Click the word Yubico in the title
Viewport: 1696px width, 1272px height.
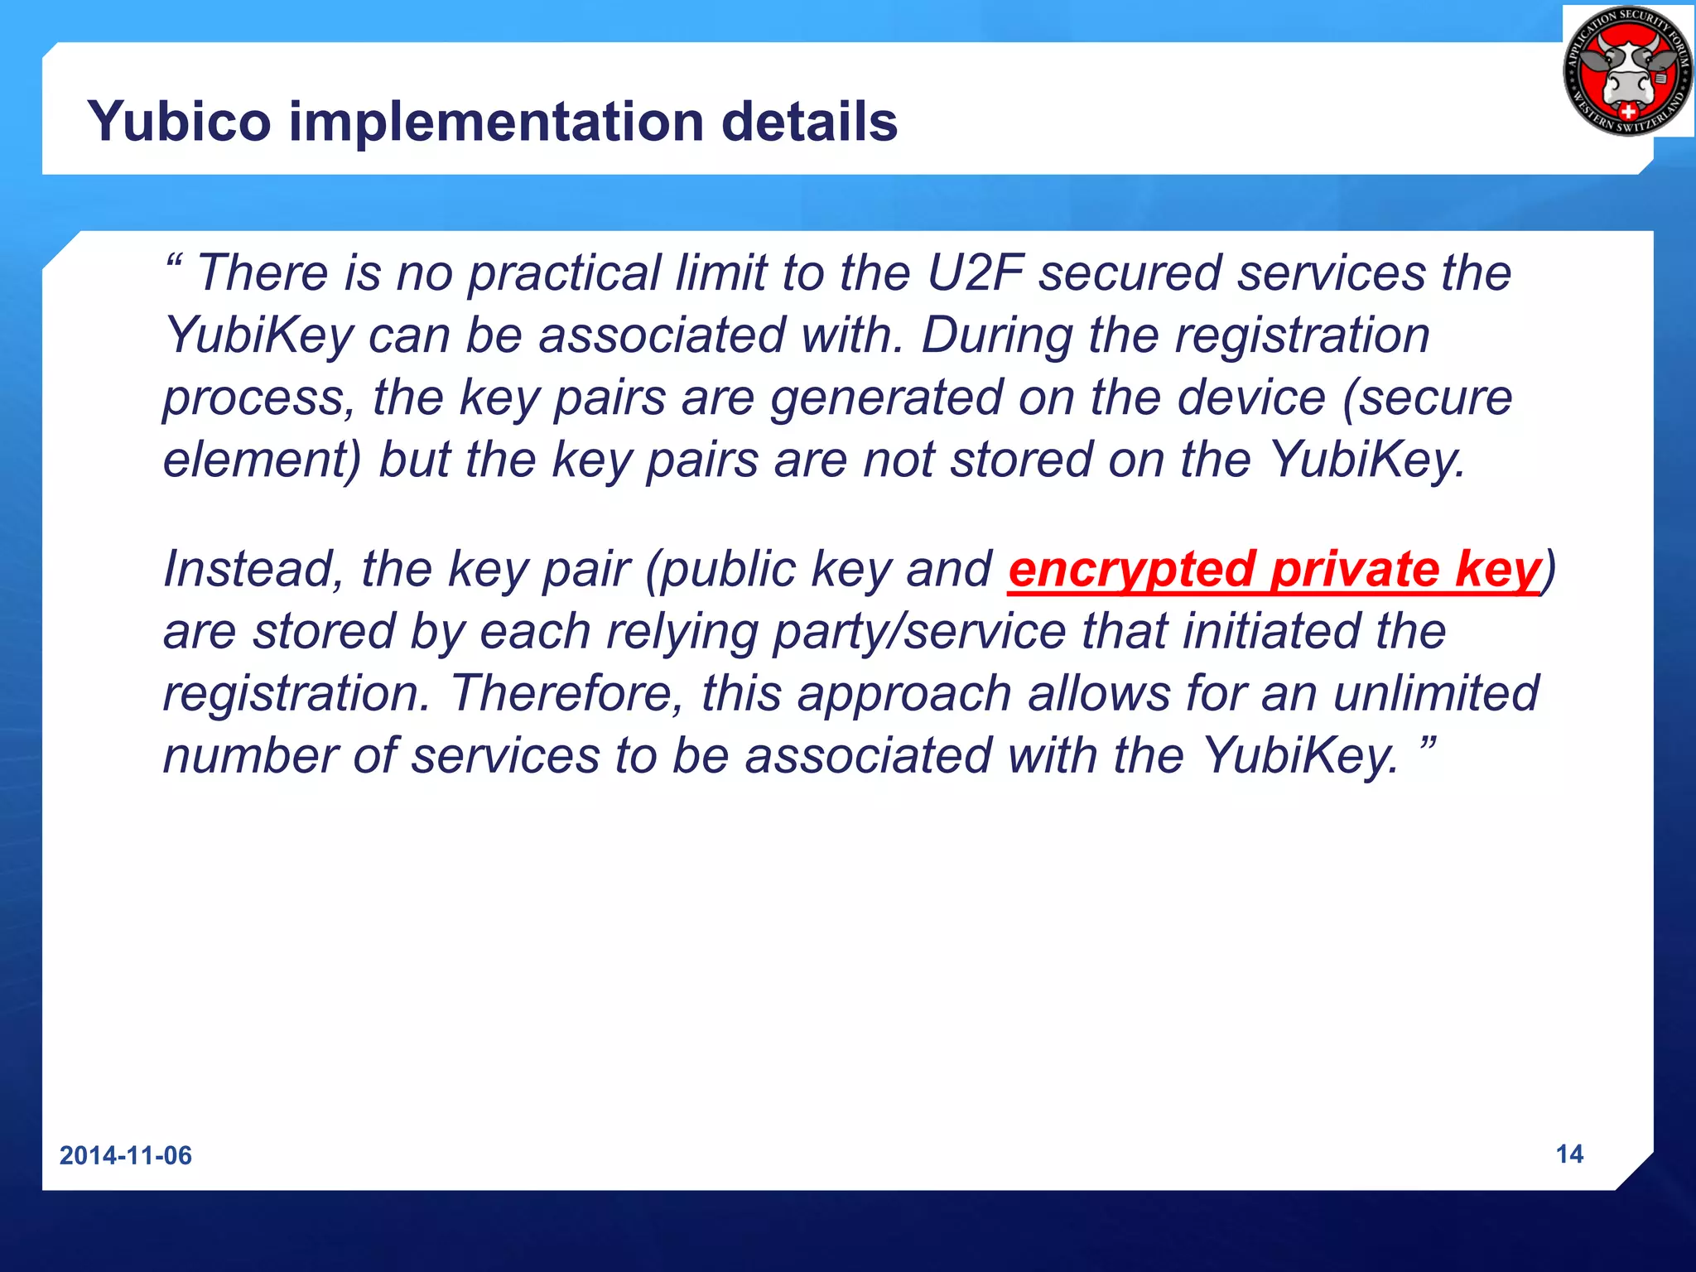pos(179,122)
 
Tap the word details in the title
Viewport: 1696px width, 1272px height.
pos(809,122)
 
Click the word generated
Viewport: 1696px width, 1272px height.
pos(886,397)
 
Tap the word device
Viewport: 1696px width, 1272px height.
pos(1251,397)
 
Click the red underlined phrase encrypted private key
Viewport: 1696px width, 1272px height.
pos(1274,570)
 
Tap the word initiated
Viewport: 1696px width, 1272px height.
pos(1271,632)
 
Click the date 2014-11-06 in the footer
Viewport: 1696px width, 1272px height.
pos(126,1155)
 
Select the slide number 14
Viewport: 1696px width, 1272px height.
pos(1569,1154)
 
